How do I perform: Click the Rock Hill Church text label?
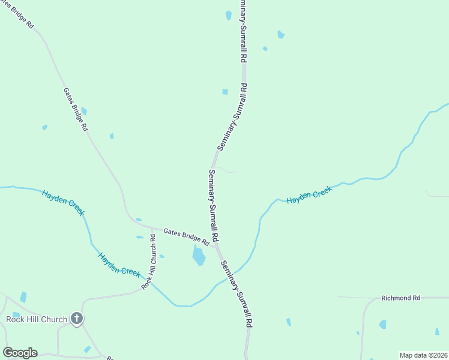click(36, 319)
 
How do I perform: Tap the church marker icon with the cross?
click(76, 319)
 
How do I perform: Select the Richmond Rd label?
click(402, 298)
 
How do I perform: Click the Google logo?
click(20, 353)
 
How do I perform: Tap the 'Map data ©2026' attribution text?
click(423, 355)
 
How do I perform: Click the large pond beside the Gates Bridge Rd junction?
click(199, 256)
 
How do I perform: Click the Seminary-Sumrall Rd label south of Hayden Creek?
click(236, 293)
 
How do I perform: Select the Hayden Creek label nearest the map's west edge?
click(63, 202)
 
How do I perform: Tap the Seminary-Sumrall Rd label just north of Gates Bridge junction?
click(213, 205)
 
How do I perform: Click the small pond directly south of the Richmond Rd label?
click(382, 325)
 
